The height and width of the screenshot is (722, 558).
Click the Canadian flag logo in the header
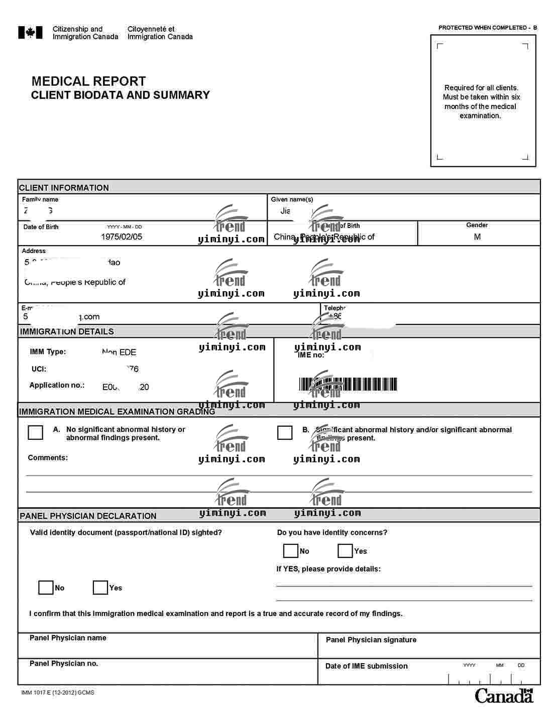(x=30, y=33)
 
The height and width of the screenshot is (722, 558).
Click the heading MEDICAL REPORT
(x=88, y=81)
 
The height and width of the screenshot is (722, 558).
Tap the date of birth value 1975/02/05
(x=122, y=237)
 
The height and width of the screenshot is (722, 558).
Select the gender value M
(x=477, y=236)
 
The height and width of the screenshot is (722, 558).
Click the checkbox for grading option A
(x=36, y=432)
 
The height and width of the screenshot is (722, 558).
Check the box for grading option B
(x=285, y=432)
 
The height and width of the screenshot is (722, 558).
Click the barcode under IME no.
(x=348, y=385)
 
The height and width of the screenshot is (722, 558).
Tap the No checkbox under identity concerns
(x=291, y=551)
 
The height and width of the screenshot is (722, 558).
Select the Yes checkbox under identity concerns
(x=345, y=551)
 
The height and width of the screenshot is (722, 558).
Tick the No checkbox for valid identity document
(x=46, y=587)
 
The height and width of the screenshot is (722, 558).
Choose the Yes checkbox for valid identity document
(x=100, y=587)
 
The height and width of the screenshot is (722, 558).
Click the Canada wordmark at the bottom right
(x=504, y=696)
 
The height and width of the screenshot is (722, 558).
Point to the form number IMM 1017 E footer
(x=58, y=692)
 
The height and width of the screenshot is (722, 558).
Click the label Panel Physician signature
(x=371, y=640)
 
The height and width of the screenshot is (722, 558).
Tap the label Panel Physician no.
(x=64, y=663)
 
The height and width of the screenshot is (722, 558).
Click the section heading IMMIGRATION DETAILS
(x=67, y=331)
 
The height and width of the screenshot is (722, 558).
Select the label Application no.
(x=57, y=385)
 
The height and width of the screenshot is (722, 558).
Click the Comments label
(x=48, y=457)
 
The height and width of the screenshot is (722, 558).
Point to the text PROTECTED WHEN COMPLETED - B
(x=487, y=28)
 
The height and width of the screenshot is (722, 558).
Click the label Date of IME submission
(x=366, y=666)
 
